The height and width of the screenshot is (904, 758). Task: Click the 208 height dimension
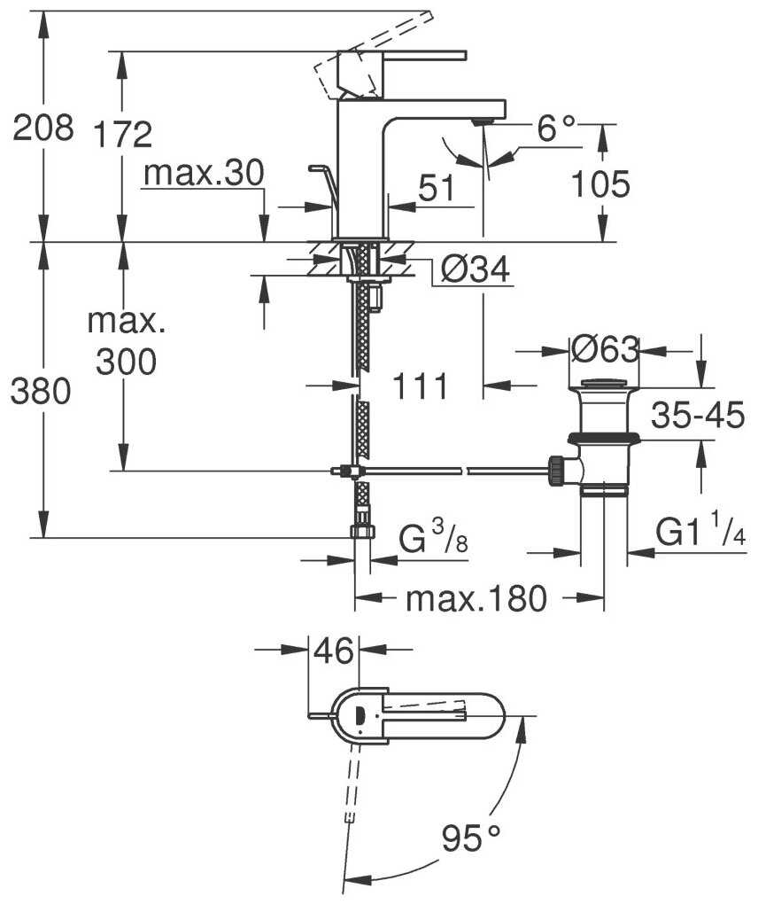point(42,129)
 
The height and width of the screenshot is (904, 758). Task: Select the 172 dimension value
point(123,134)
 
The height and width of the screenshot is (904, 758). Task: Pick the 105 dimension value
point(599,185)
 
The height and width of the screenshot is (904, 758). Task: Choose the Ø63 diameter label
point(605,351)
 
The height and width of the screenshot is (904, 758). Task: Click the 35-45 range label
point(699,416)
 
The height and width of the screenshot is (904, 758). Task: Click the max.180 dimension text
point(476,600)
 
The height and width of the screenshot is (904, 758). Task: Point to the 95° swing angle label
point(470,836)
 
